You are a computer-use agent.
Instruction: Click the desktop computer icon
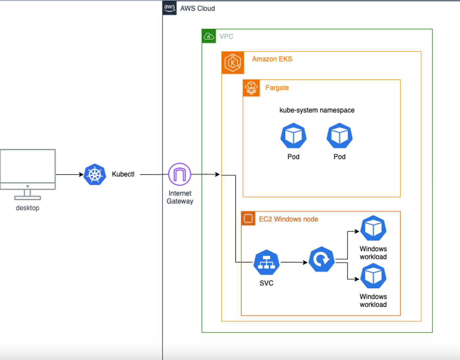click(28, 174)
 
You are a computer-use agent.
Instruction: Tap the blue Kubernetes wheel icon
click(95, 174)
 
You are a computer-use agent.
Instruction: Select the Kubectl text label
click(123, 174)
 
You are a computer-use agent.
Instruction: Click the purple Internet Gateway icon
click(180, 174)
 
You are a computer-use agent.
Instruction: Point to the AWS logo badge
click(170, 8)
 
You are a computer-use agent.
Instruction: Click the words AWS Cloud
click(197, 9)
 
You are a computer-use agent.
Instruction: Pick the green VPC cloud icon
click(209, 36)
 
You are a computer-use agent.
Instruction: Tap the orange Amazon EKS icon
click(233, 63)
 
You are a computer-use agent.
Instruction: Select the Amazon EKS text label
click(272, 59)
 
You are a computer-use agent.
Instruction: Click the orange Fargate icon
click(251, 88)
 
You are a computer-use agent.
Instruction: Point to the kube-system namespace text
click(317, 110)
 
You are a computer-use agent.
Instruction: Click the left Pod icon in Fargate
click(293, 136)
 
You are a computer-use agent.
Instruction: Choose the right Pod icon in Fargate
click(339, 136)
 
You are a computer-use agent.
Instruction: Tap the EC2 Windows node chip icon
click(248, 218)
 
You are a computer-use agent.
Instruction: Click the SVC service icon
click(266, 262)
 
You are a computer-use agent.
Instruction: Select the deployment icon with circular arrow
click(322, 259)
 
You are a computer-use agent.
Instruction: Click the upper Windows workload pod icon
click(373, 228)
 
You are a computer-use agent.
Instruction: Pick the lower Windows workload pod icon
click(373, 276)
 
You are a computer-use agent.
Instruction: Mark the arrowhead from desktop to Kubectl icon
click(81, 174)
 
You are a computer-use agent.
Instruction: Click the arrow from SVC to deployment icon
click(294, 262)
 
